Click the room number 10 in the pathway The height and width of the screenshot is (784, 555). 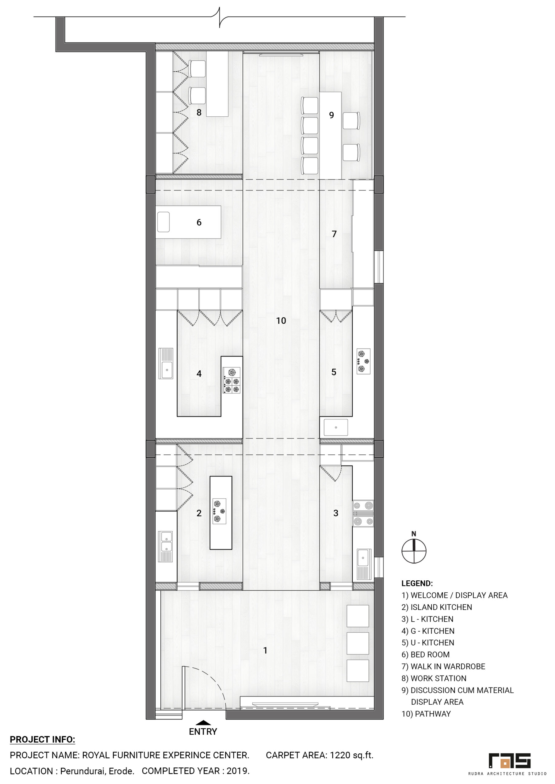point(281,321)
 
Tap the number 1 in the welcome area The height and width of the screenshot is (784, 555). point(265,650)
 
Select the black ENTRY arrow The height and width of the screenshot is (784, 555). point(203,722)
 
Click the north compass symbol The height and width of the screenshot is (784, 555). point(414,551)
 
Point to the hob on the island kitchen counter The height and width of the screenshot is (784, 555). point(219,511)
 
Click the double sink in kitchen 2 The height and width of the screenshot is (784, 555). point(166,546)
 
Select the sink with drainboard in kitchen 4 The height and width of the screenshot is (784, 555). point(166,363)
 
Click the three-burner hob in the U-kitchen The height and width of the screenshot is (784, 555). point(363,361)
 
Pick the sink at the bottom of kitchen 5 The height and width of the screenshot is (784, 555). point(336,428)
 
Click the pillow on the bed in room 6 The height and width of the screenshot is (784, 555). point(163,222)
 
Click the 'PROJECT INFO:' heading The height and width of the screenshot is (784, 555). point(42,740)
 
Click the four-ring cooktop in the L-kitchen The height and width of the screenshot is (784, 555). point(363,514)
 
